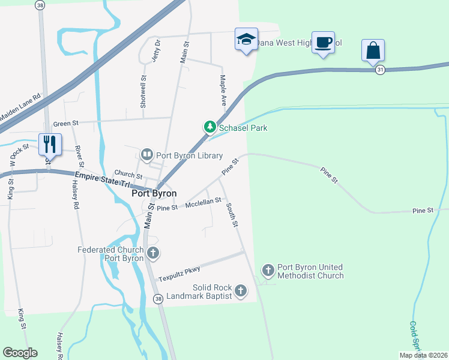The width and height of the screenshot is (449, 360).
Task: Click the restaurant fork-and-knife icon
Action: (49, 144)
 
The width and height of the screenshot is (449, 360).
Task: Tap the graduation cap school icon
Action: (246, 40)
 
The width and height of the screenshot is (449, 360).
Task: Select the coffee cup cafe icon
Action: (324, 42)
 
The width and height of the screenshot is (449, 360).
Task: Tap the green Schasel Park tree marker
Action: (209, 127)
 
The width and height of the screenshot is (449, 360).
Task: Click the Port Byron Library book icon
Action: (146, 155)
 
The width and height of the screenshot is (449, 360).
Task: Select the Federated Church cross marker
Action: (153, 253)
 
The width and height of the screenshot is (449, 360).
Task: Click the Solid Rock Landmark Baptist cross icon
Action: (240, 292)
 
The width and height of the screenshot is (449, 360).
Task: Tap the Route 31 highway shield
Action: (380, 70)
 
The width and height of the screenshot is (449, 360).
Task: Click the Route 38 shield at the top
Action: (40, 5)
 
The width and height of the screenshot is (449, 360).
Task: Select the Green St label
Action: (66, 124)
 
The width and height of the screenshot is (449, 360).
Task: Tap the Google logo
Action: (20, 353)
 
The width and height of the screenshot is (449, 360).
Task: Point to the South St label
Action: (232, 214)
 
